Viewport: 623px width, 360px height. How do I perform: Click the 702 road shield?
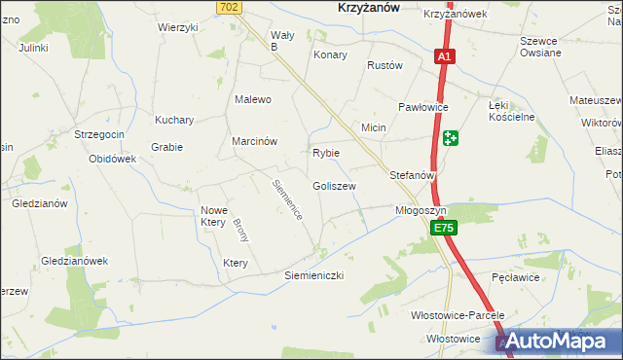pyautogui.click(x=229, y=7)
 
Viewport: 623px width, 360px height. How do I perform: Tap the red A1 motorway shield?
pyautogui.click(x=443, y=57)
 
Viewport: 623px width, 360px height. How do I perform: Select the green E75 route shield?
pyautogui.click(x=443, y=228)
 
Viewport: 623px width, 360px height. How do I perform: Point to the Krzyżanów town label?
pyautogui.click(x=356, y=7)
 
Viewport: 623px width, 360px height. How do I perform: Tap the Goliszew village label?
pyautogui.click(x=334, y=186)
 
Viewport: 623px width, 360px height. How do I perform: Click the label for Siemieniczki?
pyautogui.click(x=314, y=275)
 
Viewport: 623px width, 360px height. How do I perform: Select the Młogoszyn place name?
pyautogui.click(x=421, y=210)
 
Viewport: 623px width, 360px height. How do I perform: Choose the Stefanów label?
pyautogui.click(x=411, y=175)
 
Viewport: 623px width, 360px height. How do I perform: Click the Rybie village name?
pyautogui.click(x=325, y=153)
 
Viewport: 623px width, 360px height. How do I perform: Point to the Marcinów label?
pyautogui.click(x=255, y=141)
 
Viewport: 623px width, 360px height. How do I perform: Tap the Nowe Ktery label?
pyautogui.click(x=213, y=216)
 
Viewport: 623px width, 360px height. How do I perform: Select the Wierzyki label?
pyautogui.click(x=178, y=27)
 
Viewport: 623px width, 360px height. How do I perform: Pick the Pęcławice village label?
pyautogui.click(x=516, y=277)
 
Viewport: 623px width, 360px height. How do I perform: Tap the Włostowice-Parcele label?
pyautogui.click(x=458, y=316)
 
